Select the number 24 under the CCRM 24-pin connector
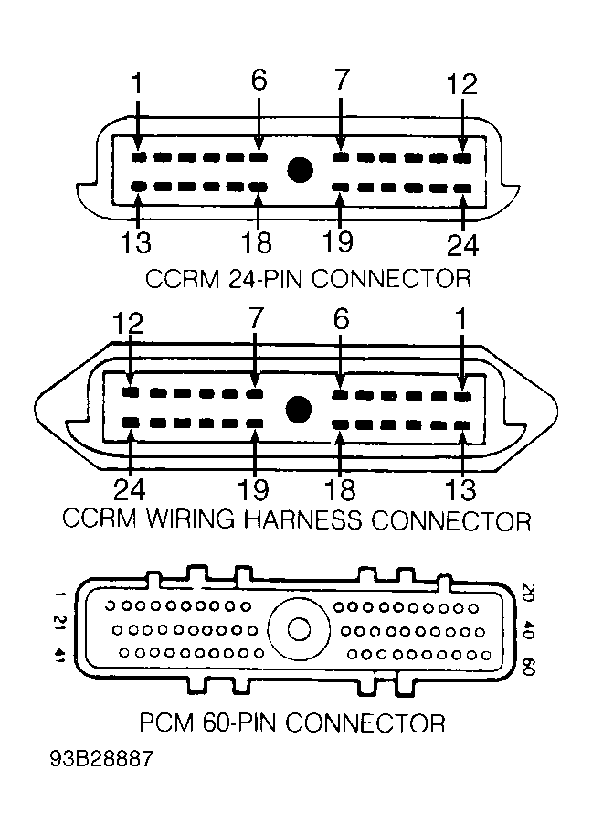coord(462,245)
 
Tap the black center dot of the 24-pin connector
coord(300,170)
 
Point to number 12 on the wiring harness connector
coord(130,324)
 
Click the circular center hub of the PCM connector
coord(298,630)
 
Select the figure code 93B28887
coord(101,760)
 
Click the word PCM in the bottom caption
coord(165,723)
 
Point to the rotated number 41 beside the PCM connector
coord(61,655)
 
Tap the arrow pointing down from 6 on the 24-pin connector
coord(259,123)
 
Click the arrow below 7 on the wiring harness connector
coord(255,366)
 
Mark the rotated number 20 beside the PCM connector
coord(527,594)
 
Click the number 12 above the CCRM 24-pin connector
coord(462,84)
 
